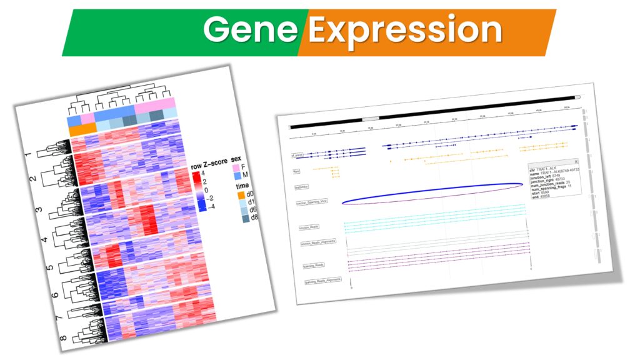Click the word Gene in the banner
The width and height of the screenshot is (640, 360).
(251, 29)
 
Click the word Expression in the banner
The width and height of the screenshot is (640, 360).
(405, 29)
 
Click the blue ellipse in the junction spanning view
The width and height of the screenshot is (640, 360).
(431, 193)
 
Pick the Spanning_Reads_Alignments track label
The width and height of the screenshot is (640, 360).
(322, 281)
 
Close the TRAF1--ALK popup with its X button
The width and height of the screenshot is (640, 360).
(576, 161)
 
